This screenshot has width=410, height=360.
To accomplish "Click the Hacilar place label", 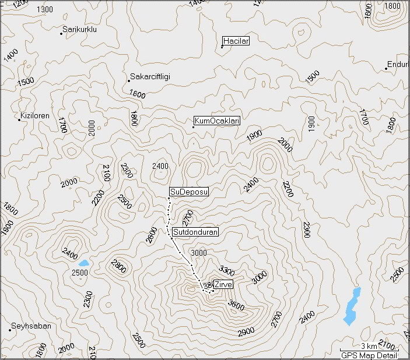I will [x=236, y=41].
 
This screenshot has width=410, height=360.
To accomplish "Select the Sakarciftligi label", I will [x=150, y=76].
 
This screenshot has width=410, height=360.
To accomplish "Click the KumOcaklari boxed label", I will [x=217, y=121].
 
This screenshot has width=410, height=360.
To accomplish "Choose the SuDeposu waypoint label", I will [x=189, y=192].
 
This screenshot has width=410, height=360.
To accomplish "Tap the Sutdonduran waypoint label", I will [x=195, y=232].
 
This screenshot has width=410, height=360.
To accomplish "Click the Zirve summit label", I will [x=223, y=284].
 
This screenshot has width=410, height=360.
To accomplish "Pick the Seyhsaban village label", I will [x=31, y=326].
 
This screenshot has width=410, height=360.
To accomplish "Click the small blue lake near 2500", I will [x=84, y=263].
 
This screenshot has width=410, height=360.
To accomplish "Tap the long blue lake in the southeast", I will [x=352, y=306].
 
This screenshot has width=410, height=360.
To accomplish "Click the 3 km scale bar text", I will [x=369, y=347].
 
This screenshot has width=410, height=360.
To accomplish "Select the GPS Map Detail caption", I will [x=369, y=355].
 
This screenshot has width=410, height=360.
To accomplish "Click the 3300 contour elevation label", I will [x=226, y=271].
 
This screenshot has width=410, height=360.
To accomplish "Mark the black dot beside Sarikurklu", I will [x=61, y=34].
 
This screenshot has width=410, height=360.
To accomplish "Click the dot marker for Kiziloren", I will [x=19, y=119].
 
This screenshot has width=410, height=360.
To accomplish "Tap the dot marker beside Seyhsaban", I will [x=10, y=330].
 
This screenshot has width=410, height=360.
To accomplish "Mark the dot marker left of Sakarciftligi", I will [x=128, y=80].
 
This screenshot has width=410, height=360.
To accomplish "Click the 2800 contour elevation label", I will [x=117, y=267].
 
